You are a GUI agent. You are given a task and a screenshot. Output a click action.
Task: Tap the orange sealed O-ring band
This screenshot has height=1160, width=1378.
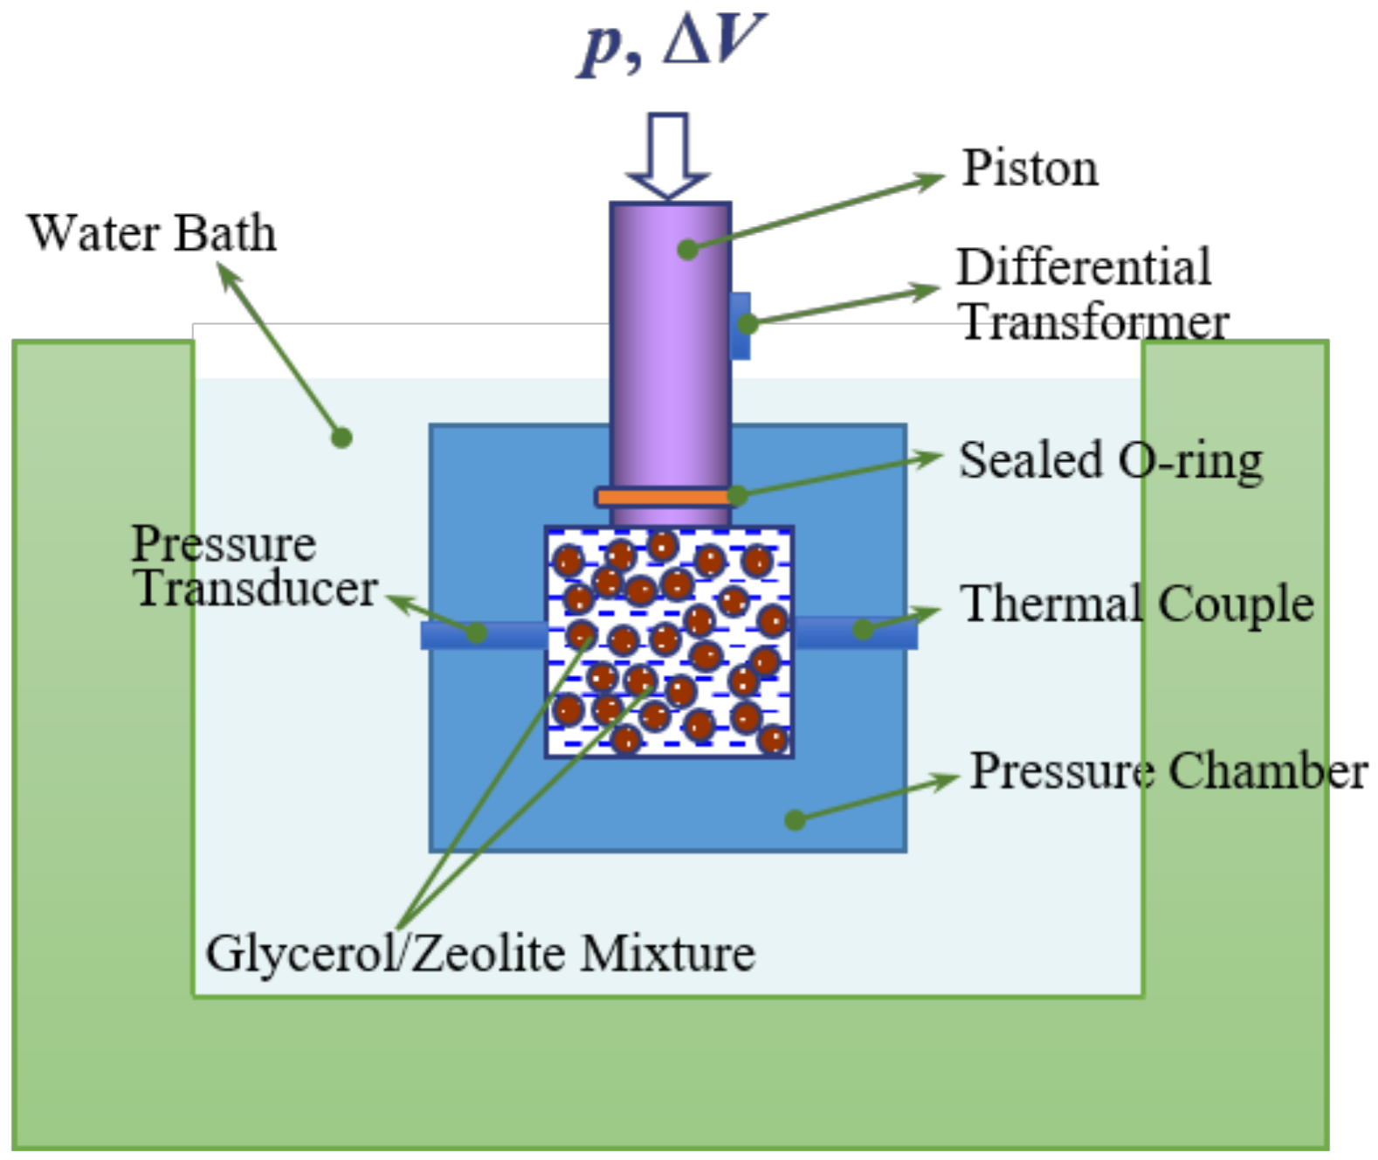tap(664, 497)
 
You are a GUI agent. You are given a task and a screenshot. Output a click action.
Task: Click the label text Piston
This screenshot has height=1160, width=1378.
tap(1030, 168)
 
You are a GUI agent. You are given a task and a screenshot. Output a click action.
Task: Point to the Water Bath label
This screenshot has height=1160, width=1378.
tap(152, 233)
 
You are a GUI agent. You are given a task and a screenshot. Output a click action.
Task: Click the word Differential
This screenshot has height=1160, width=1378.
tap(1084, 266)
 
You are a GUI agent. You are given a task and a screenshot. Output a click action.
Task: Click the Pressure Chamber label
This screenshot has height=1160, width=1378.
tap(1168, 771)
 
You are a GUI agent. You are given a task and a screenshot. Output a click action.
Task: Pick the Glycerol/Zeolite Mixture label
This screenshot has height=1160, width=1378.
tap(480, 953)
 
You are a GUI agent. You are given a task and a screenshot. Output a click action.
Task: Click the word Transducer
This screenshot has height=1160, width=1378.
tap(256, 589)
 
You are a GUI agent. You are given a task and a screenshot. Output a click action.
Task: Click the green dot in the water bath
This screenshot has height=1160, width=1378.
tap(342, 438)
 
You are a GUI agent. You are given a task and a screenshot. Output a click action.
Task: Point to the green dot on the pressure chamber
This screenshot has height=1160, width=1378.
tap(795, 819)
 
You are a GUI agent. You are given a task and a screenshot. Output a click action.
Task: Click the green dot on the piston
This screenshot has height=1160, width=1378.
tap(688, 249)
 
